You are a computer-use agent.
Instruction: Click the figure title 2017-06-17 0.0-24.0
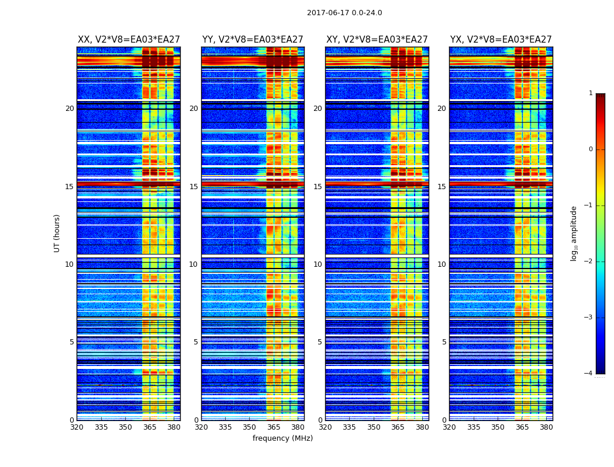(344, 13)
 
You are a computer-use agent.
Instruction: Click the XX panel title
(129, 40)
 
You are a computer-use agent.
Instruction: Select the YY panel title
(253, 40)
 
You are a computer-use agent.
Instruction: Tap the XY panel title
(377, 40)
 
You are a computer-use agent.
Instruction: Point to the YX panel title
(501, 40)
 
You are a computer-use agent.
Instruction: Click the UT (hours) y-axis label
(57, 233)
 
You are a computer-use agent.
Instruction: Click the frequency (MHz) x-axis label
(282, 438)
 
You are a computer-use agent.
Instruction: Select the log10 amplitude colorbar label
(574, 233)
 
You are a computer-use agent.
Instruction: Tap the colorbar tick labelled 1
(591, 93)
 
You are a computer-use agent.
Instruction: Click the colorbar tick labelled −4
(589, 374)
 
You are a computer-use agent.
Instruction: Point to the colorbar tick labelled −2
(589, 262)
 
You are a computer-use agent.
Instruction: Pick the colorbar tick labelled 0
(591, 149)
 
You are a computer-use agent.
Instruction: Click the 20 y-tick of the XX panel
(70, 109)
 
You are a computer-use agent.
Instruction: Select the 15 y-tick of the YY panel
(194, 187)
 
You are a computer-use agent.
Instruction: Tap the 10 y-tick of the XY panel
(318, 264)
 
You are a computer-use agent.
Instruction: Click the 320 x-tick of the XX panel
(77, 427)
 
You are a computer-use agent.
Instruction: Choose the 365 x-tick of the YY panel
(274, 427)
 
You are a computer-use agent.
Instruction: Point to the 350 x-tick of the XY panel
(374, 427)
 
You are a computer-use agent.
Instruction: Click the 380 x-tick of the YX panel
(546, 427)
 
